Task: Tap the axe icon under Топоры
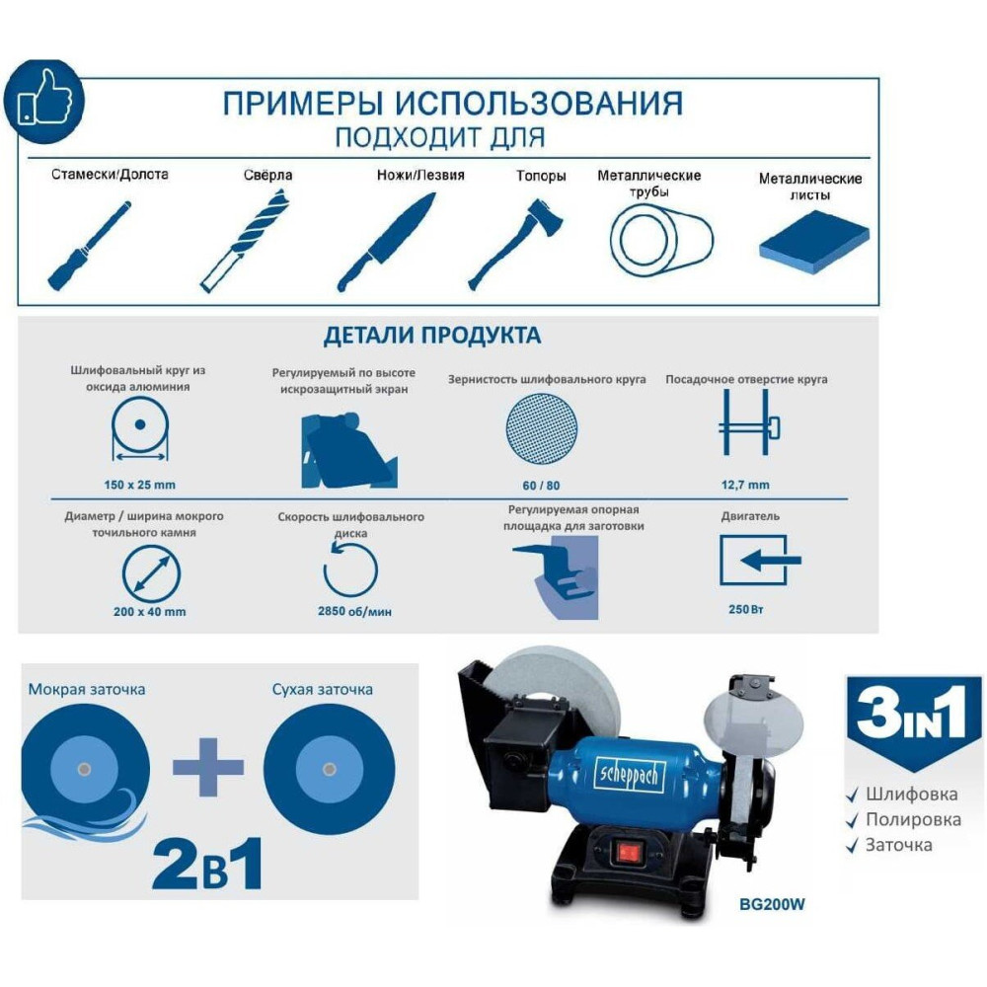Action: coord(516,244)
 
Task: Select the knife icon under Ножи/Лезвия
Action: coord(386,243)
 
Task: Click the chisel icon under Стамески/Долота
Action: coord(90,246)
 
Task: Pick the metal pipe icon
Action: coord(661,241)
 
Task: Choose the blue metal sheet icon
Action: coord(814,242)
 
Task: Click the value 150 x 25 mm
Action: coord(140,485)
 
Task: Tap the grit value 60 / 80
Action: coord(541,486)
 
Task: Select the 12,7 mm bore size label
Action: coord(745,485)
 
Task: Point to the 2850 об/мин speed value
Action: coord(354,611)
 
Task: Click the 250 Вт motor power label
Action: coord(746,609)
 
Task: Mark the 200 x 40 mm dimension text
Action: coord(150,611)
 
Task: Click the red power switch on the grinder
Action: coord(628,853)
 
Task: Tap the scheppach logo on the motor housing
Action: coord(629,774)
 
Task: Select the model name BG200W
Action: coord(772,904)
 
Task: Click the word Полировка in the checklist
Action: coord(913,819)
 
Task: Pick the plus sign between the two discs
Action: coord(208,767)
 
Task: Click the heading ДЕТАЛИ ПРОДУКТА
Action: coord(432,336)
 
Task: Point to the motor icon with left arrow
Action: coord(760,560)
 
